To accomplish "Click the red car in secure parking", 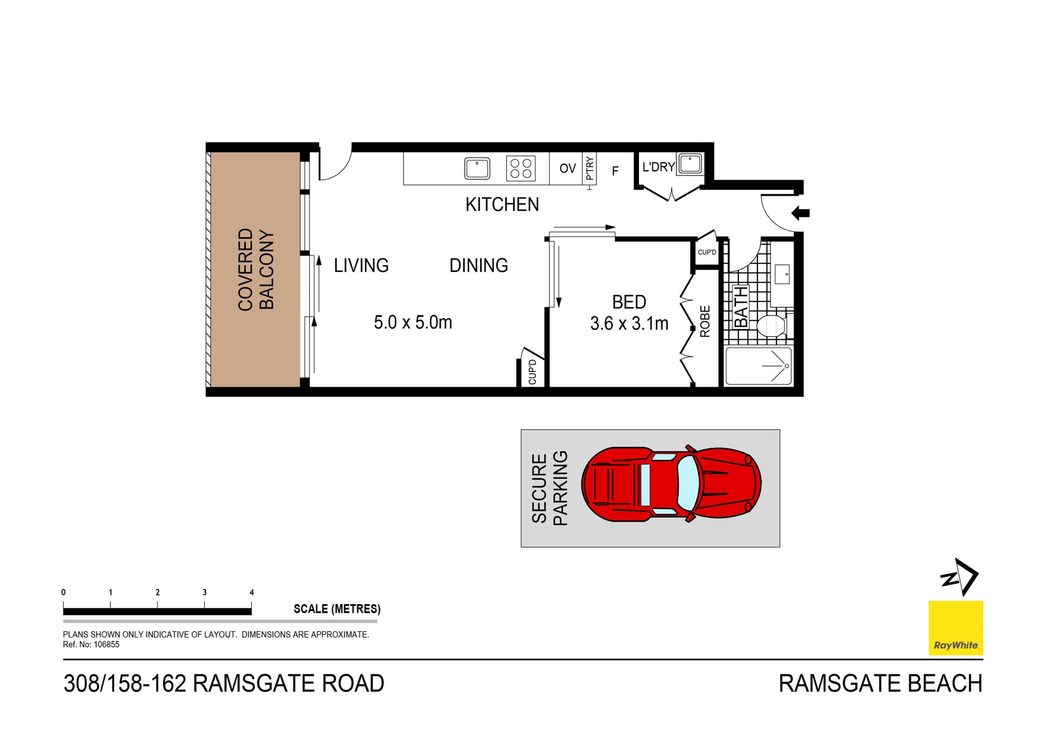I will coord(671,484).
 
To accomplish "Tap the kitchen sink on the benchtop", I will coord(477,168).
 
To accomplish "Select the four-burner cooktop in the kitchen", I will coord(520,168).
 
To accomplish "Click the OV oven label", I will coord(567,169).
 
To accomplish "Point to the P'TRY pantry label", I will coord(590,169).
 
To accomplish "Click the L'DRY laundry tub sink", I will coord(690,164).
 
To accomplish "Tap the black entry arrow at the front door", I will coord(800,213).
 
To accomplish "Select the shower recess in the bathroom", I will coord(758,366).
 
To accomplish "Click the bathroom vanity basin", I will coord(782,275).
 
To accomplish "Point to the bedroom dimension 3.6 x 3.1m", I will coord(629,324).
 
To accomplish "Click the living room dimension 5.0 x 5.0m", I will coord(413,323).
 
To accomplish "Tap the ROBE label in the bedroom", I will coord(705,321).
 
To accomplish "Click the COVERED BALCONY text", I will coord(256,269).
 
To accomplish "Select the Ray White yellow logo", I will coord(955,628).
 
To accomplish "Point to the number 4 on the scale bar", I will coord(251,592).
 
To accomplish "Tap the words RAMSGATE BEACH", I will coord(880,684).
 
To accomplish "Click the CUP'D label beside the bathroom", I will coord(707,252).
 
